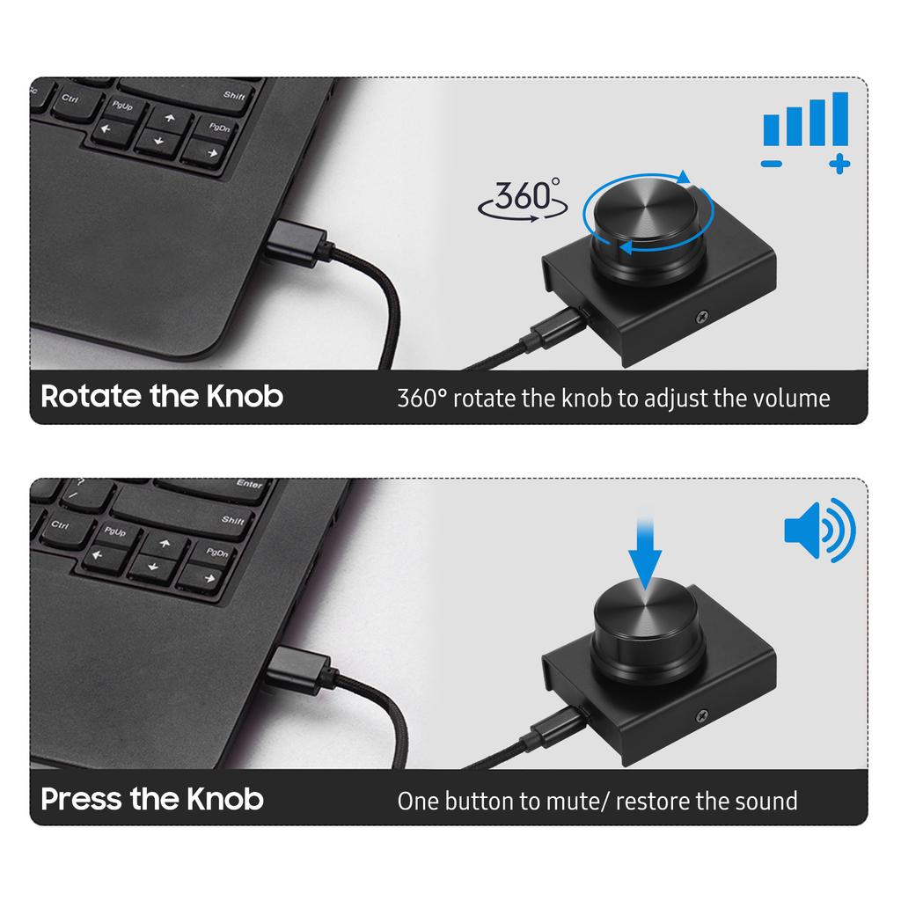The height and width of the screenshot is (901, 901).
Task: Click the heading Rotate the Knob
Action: point(162,396)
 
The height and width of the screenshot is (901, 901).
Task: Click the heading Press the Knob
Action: point(152,799)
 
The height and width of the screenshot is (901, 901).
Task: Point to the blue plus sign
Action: point(839,163)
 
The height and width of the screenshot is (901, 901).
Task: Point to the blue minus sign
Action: point(772,164)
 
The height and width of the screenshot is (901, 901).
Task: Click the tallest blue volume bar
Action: point(839,120)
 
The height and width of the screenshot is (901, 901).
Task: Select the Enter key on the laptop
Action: point(249,484)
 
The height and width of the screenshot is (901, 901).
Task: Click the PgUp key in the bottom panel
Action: point(115,532)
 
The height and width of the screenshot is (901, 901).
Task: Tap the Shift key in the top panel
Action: point(234,95)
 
